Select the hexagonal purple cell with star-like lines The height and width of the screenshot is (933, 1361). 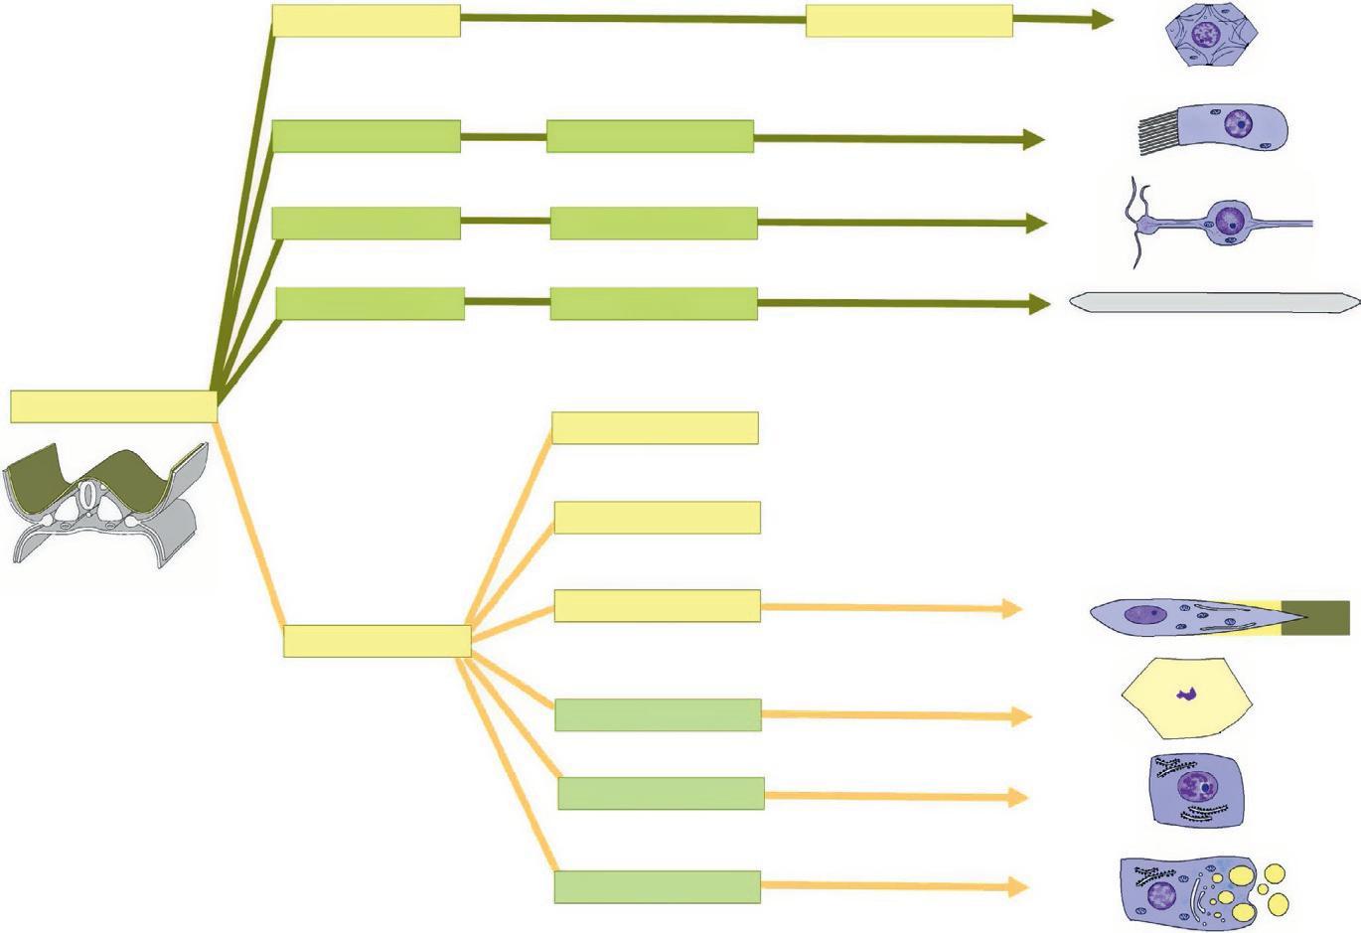pos(1205,37)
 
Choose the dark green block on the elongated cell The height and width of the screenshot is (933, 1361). pos(1315,617)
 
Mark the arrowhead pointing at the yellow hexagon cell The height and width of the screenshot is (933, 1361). pos(1021,715)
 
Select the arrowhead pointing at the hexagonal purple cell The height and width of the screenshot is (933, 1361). pos(1103,19)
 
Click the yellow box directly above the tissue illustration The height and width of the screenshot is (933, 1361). pos(113,405)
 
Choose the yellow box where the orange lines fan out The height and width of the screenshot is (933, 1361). pos(377,641)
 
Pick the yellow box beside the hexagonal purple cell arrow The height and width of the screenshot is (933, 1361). pos(908,20)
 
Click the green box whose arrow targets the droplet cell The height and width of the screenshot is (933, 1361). pos(657,886)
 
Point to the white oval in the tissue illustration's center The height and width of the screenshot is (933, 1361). pos(90,494)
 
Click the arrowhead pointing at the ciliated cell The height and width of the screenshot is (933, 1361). pos(1034,139)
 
